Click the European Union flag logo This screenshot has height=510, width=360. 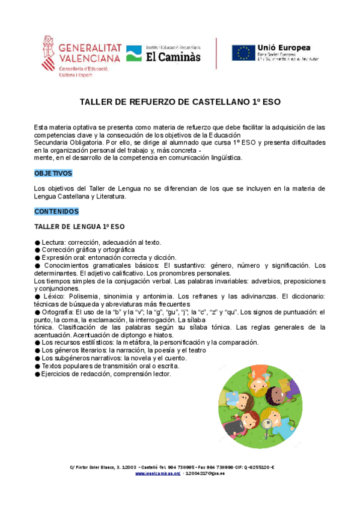243,53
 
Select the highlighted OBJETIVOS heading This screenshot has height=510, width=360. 53,173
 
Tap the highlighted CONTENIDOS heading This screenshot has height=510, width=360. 56,212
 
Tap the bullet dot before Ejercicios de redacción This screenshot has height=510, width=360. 37,373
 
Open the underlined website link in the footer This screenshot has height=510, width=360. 158,473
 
